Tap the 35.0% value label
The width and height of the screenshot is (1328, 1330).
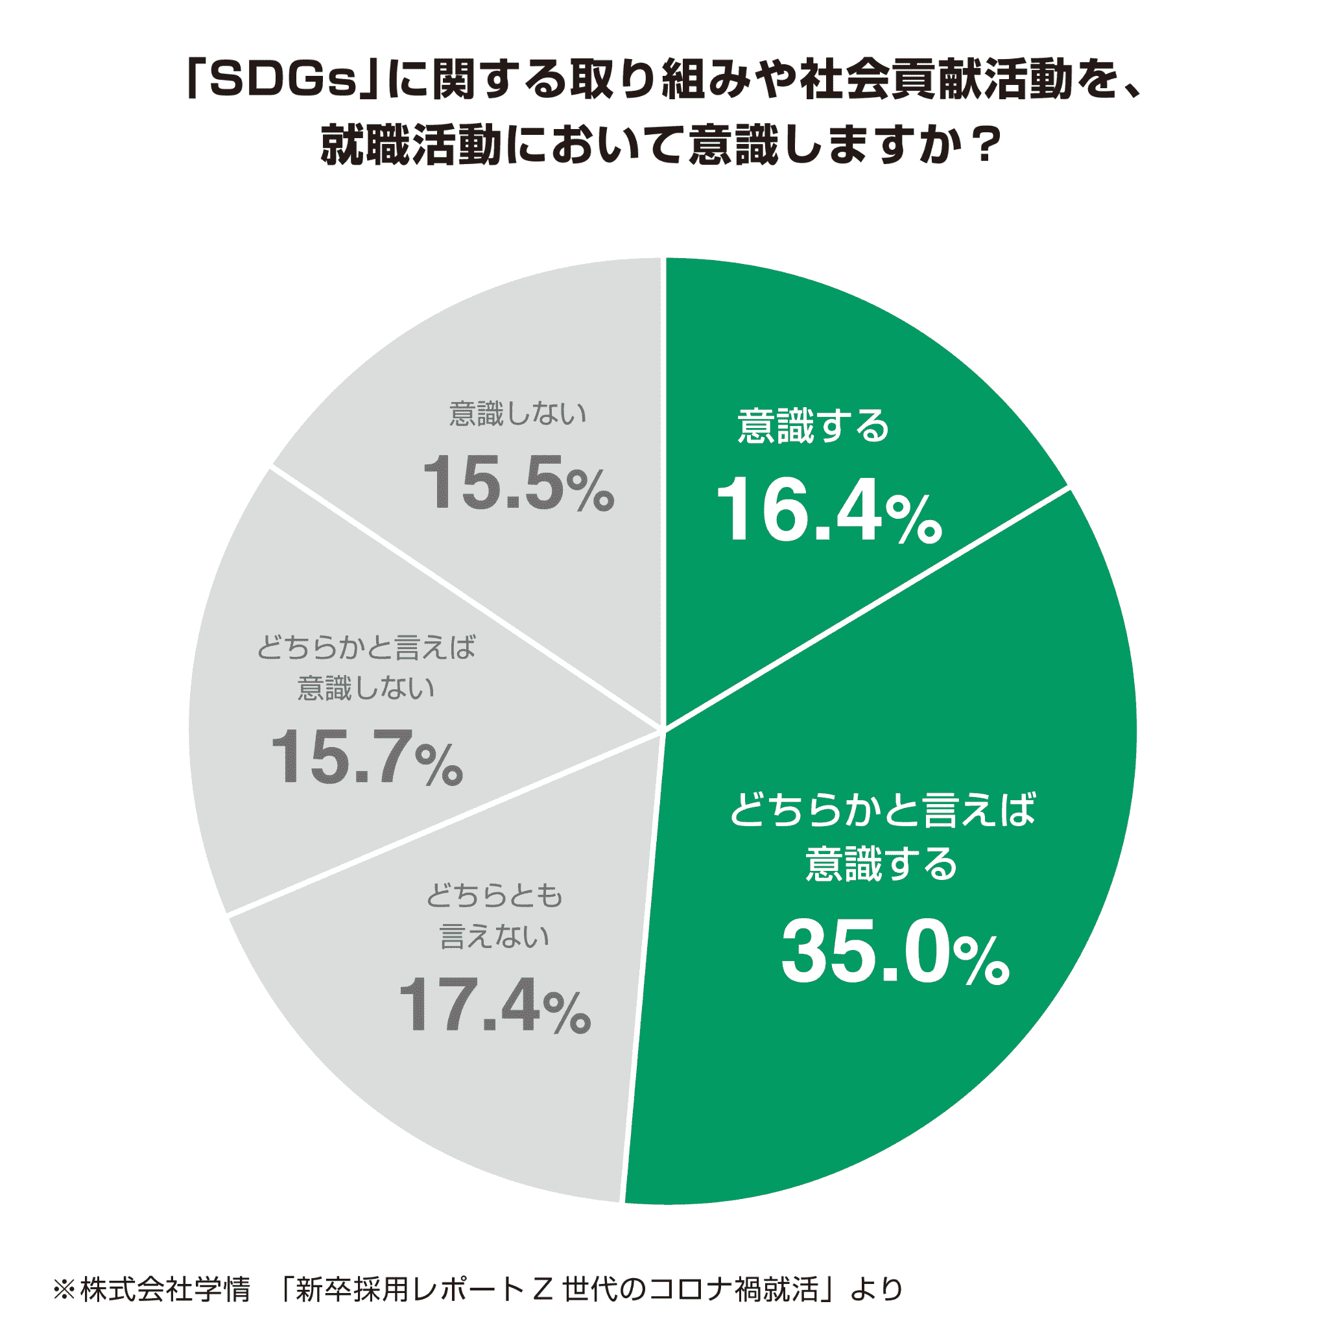click(894, 953)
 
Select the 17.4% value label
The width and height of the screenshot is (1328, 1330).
click(494, 1006)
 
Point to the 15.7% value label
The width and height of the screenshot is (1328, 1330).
click(367, 758)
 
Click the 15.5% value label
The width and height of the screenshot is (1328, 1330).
click(517, 483)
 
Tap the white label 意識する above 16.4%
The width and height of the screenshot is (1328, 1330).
click(813, 426)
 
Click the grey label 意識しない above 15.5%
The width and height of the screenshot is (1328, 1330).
click(517, 414)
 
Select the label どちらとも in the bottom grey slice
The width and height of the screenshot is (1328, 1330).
click(494, 896)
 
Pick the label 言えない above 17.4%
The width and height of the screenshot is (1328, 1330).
click(494, 936)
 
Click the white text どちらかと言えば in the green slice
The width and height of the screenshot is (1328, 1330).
click(883, 809)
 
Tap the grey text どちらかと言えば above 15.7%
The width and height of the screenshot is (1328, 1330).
click(366, 648)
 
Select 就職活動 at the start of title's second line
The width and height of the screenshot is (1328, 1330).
click(411, 146)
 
